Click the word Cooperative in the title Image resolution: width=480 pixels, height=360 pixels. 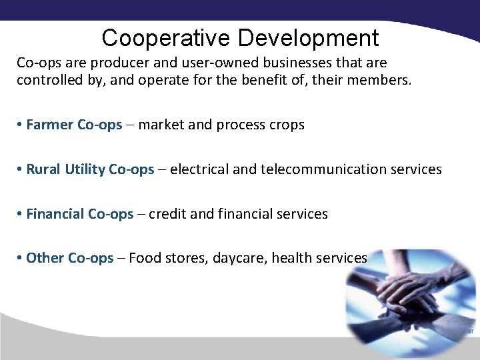(166, 37)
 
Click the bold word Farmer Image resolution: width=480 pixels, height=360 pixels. (50, 125)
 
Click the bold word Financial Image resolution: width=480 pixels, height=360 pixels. (55, 214)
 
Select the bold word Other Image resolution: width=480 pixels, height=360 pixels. (45, 258)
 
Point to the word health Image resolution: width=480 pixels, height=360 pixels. (292, 258)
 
